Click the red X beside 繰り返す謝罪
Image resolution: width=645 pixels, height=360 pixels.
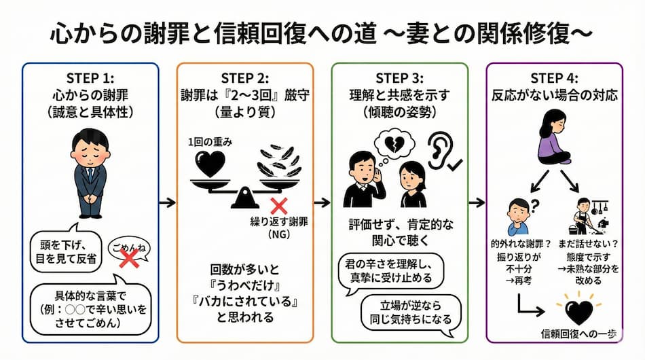(x=277, y=206)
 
